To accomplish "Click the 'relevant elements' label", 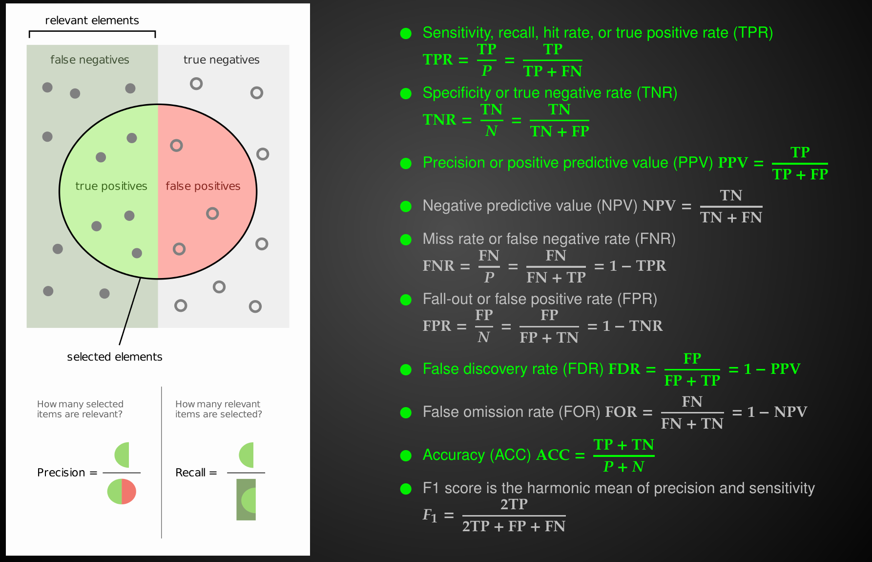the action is pos(92,21).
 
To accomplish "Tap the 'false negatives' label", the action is pos(90,60).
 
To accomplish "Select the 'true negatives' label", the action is pos(221,60).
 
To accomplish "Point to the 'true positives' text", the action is pos(111,186).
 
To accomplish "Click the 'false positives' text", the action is pos(203,186).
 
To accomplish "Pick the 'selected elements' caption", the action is pos(114,357).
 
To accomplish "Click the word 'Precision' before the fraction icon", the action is pos(61,473).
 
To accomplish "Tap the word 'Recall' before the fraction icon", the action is pos(190,473).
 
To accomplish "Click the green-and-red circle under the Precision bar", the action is pos(122,491).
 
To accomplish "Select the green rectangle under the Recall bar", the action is pos(246,499).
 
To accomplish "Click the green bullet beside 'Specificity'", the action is pos(406,93).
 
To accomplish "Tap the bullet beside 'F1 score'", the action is pos(406,489).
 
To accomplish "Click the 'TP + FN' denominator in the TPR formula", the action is pos(553,71).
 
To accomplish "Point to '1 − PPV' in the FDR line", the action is pos(771,369).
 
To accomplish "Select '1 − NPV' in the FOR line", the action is pos(777,412).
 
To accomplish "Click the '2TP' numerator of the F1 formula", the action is pos(514,504).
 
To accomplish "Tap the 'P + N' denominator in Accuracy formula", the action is pos(623,467).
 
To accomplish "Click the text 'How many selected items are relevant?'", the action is pos(80,409).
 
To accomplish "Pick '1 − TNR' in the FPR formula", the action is pos(632,326).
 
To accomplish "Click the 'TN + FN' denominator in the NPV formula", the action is pos(731,217).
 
